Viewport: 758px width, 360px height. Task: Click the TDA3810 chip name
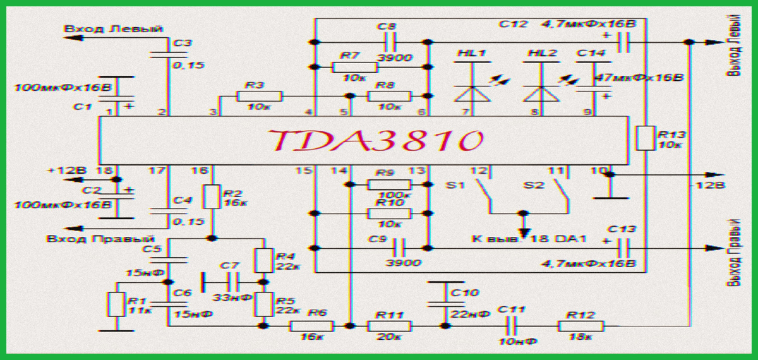point(373,141)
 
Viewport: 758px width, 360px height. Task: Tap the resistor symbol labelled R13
point(645,138)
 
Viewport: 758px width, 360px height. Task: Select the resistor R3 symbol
point(259,96)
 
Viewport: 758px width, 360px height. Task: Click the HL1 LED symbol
point(473,93)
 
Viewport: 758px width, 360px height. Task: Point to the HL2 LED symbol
point(543,93)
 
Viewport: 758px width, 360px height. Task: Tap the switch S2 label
point(534,186)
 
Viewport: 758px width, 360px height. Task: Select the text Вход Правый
point(101,239)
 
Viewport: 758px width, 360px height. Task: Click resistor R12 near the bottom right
point(581,326)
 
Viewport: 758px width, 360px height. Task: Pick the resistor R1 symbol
point(116,304)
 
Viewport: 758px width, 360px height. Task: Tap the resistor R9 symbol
point(388,184)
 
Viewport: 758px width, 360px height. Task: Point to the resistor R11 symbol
point(388,326)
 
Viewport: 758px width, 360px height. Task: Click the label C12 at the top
point(512,25)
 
